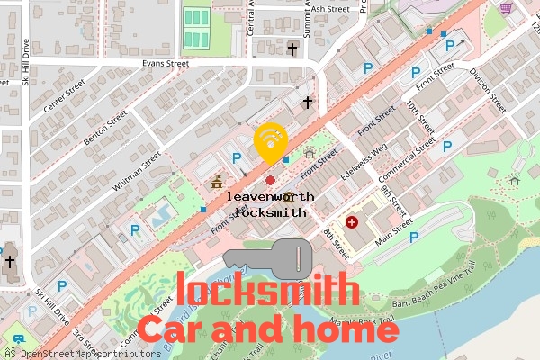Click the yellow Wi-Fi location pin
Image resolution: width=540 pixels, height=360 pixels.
tap(270, 141)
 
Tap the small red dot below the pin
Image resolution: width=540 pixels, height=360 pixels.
tap(270, 181)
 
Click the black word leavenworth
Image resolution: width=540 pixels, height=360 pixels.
tap(270, 195)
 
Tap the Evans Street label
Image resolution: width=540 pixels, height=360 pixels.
tap(166, 64)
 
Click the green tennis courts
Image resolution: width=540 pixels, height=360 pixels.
tap(194, 28)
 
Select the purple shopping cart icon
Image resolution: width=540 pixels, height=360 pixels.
tap(507, 8)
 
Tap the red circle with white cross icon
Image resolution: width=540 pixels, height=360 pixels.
tap(352, 221)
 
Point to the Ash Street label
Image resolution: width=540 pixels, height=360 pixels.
tap(330, 9)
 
